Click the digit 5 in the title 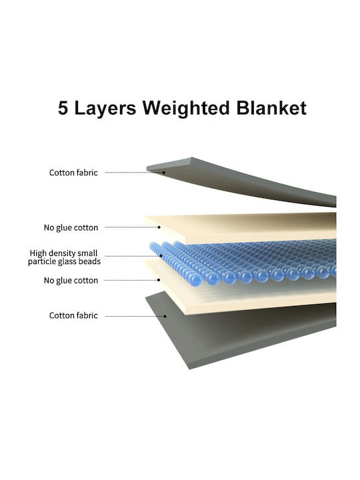click(63, 108)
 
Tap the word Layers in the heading click(105, 109)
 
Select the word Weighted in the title click(186, 109)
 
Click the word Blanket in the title click(271, 108)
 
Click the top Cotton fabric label click(73, 173)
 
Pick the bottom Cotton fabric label click(73, 315)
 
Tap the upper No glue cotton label click(71, 228)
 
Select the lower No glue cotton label click(71, 281)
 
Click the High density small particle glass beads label click(64, 257)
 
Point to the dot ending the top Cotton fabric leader click(164, 173)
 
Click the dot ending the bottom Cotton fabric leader click(165, 316)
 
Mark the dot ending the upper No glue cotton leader click(159, 227)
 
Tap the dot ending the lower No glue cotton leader click(159, 280)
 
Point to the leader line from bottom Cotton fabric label click(135, 316)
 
